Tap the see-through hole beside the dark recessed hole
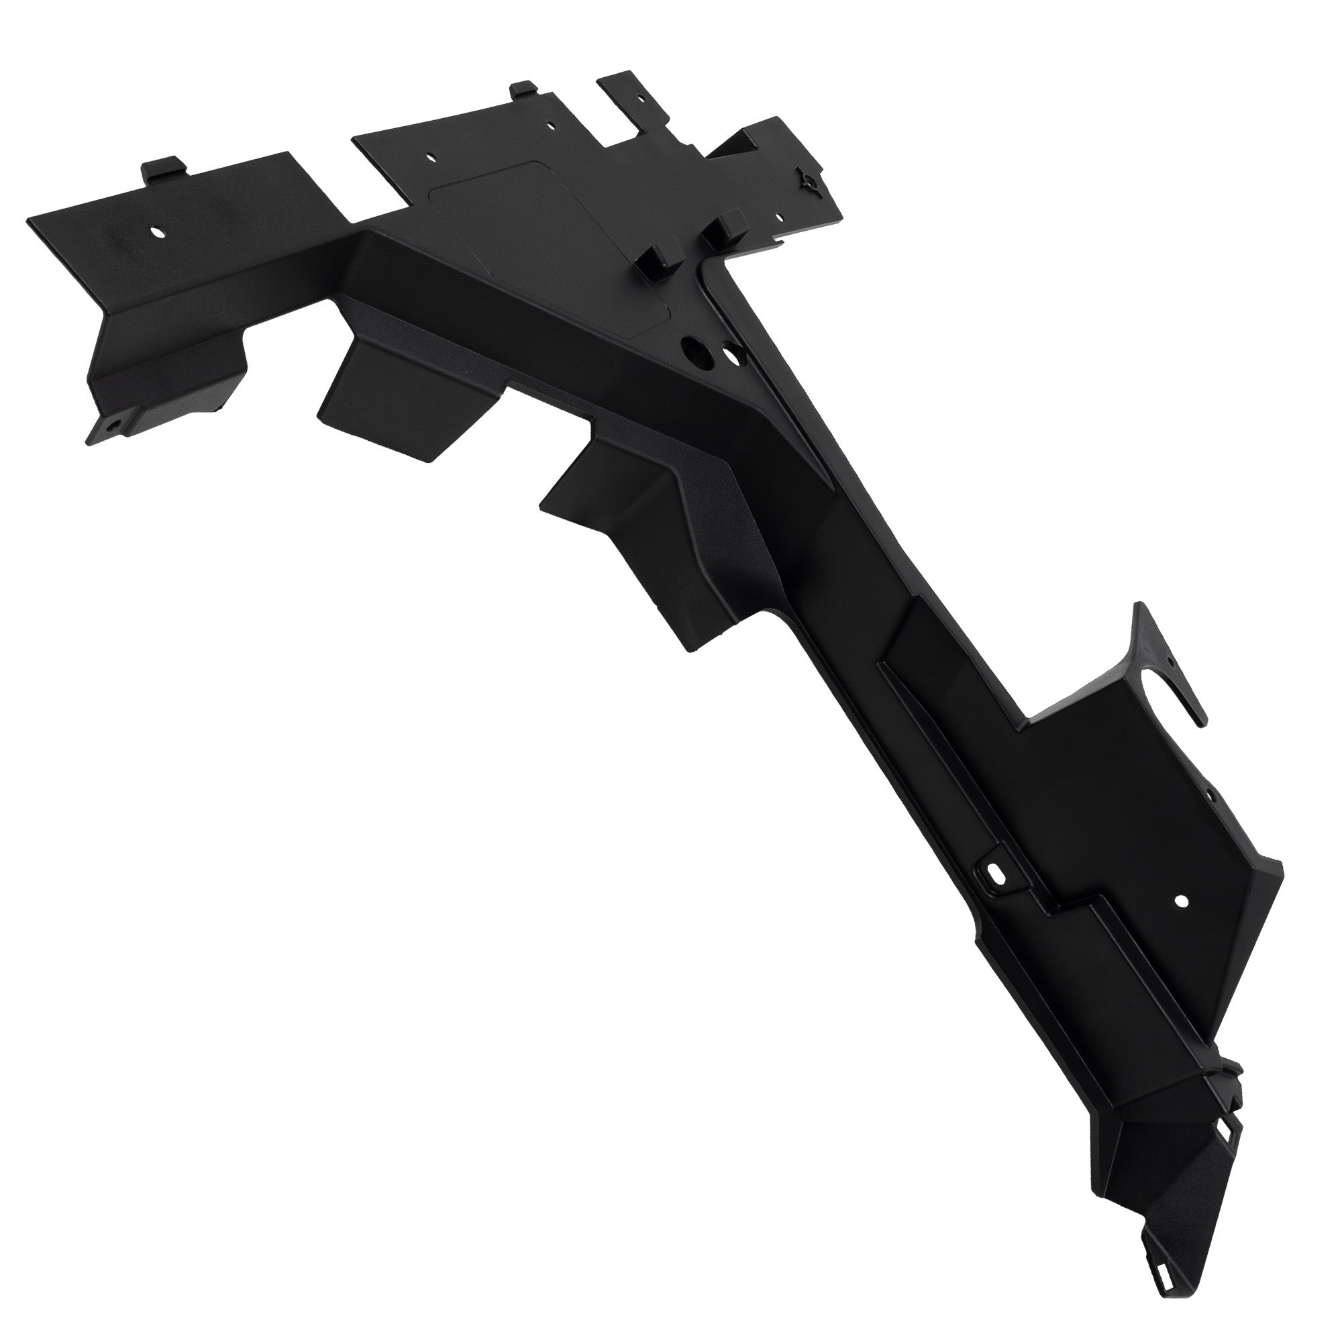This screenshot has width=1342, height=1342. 731,355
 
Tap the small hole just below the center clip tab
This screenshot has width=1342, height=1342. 552,127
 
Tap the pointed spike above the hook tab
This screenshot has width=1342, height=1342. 1140,615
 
